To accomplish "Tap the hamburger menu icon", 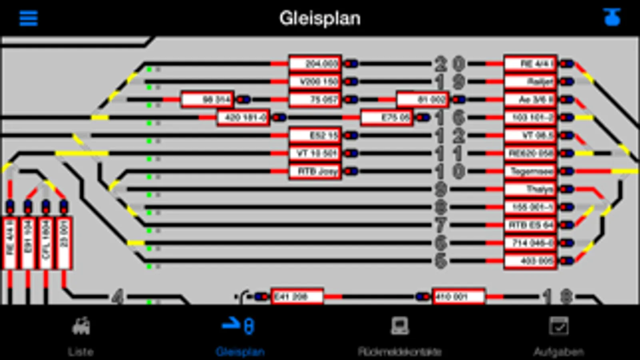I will pyautogui.click(x=28, y=18).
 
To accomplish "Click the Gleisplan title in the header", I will pyautogui.click(x=320, y=18).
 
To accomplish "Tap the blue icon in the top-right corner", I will pyautogui.click(x=612, y=18).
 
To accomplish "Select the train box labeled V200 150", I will pyautogui.click(x=315, y=82).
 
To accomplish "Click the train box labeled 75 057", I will pyautogui.click(x=315, y=100).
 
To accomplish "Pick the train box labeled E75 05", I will pyautogui.click(x=387, y=118).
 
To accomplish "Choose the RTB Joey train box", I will pyautogui.click(x=315, y=172).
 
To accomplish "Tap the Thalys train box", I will pyautogui.click(x=530, y=189).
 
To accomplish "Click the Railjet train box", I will pyautogui.click(x=530, y=82).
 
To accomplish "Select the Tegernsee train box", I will pyautogui.click(x=530, y=172).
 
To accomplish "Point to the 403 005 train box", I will pyautogui.click(x=530, y=261).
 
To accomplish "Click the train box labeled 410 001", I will pyautogui.click(x=459, y=297).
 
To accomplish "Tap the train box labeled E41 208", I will pyautogui.click(x=297, y=297).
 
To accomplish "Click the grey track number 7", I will pyautogui.click(x=441, y=225).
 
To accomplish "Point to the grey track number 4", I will pyautogui.click(x=117, y=297).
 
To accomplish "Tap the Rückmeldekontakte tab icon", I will pyautogui.click(x=399, y=326).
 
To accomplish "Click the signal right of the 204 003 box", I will pyautogui.click(x=351, y=64).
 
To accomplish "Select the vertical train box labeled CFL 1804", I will pyautogui.click(x=46, y=242).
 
